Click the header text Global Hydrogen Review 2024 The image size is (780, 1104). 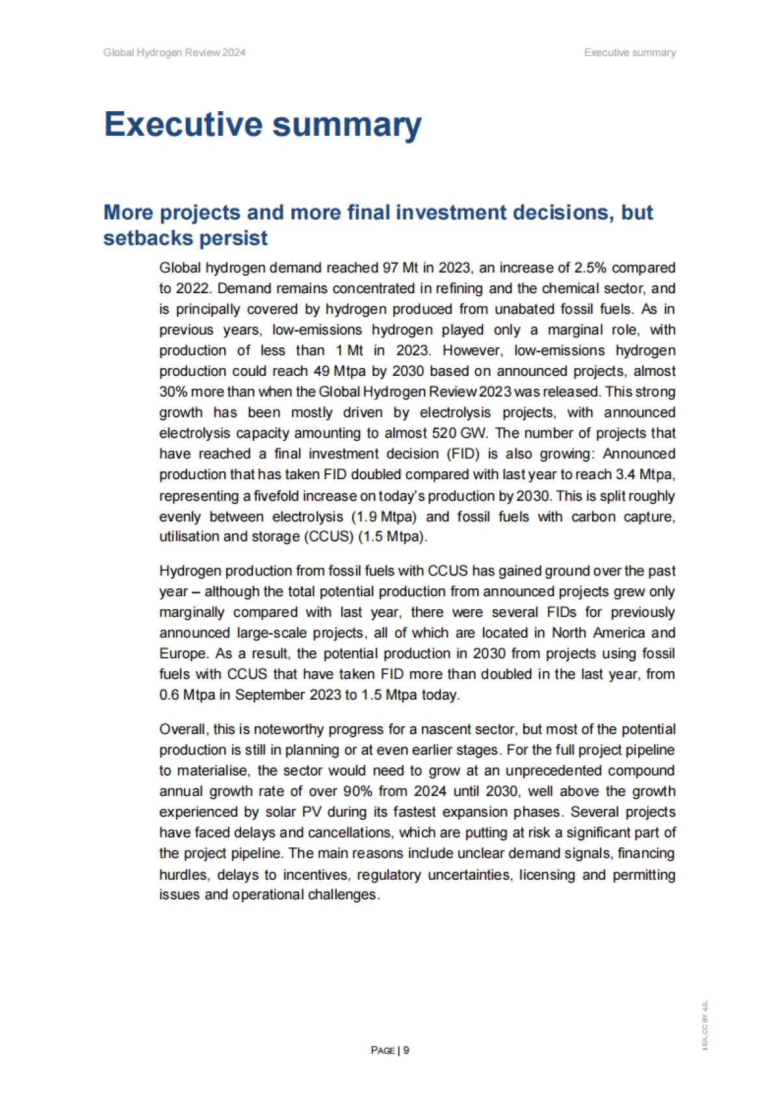pyautogui.click(x=174, y=53)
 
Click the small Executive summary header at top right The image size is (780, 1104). pyautogui.click(x=629, y=53)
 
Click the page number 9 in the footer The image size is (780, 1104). pyautogui.click(x=406, y=1050)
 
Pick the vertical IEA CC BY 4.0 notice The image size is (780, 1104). pyautogui.click(x=705, y=1025)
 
